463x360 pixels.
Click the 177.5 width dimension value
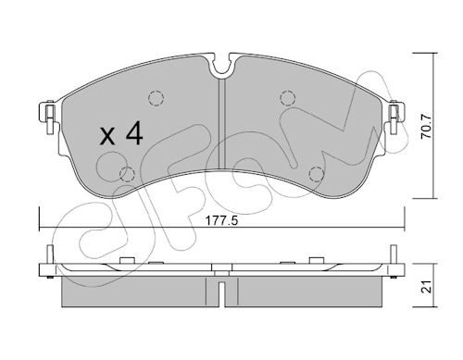click(x=222, y=221)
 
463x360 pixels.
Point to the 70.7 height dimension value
click(x=427, y=126)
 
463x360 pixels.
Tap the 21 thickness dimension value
click(x=426, y=287)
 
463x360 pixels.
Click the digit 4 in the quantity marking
click(x=134, y=132)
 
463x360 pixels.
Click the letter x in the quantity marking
click(x=107, y=136)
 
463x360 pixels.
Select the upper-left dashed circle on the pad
click(x=156, y=98)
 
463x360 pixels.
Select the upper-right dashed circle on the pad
click(x=287, y=98)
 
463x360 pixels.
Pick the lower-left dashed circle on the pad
click(x=127, y=174)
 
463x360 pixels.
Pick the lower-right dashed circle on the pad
click(x=317, y=174)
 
